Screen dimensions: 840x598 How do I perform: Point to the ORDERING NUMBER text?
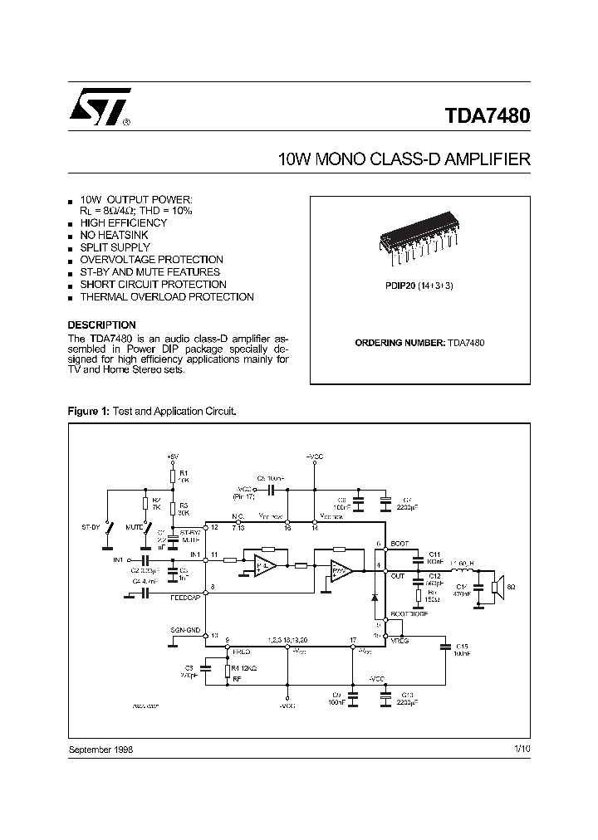(398, 342)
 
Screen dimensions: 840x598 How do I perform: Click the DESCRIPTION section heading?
(101, 325)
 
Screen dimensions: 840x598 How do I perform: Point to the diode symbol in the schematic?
(374, 596)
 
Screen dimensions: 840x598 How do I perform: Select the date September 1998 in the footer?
(100, 748)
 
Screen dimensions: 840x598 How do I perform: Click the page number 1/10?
(522, 748)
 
